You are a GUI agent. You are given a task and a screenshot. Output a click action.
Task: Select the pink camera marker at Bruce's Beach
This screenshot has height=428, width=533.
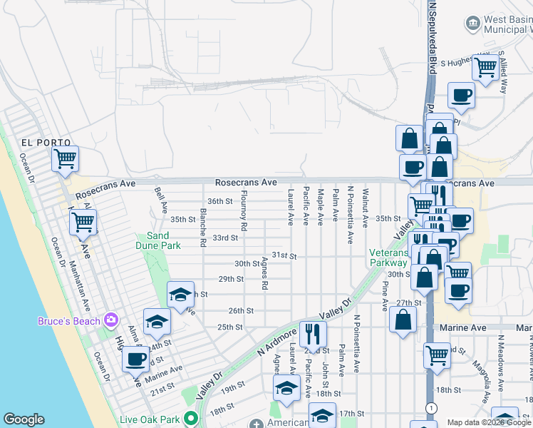110,319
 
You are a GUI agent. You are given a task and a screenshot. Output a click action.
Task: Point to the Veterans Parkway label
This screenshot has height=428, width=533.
388,258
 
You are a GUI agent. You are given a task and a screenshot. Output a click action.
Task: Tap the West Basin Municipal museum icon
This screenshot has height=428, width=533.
472,24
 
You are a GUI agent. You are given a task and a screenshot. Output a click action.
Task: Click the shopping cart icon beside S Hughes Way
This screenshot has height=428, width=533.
485,68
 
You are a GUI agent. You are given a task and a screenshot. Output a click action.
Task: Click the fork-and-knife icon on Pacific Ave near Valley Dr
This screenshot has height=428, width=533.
312,332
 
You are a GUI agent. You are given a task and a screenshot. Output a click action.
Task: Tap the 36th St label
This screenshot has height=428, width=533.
219,202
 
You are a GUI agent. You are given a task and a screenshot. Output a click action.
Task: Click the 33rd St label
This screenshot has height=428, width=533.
224,238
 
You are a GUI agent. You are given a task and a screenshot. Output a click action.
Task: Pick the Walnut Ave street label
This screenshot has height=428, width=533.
365,207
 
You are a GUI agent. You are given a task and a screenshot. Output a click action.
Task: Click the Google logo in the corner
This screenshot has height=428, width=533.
24,419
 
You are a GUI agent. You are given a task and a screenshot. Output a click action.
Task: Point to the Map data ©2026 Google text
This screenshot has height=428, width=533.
488,422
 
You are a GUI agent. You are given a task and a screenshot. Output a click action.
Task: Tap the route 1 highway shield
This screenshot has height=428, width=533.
430,407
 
